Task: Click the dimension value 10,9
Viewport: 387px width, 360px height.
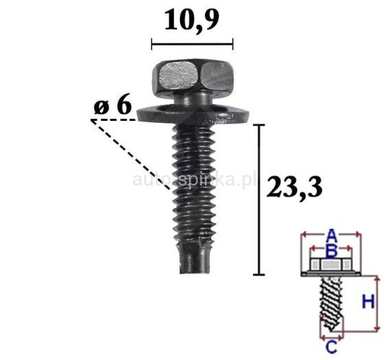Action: pyautogui.click(x=192, y=21)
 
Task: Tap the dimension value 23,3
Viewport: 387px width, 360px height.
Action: pyautogui.click(x=294, y=186)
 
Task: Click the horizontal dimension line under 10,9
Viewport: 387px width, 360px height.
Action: pyautogui.click(x=192, y=44)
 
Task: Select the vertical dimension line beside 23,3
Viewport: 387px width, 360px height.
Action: pyautogui.click(x=259, y=199)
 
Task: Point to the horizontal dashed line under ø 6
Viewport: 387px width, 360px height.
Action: pyautogui.click(x=113, y=120)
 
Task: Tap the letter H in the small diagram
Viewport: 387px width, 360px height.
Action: pyautogui.click(x=368, y=300)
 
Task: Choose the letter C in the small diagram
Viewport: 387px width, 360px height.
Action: pyautogui.click(x=330, y=346)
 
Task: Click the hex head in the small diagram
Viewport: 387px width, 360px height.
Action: pyautogui.click(x=331, y=265)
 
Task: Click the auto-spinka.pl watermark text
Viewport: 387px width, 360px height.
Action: pyautogui.click(x=193, y=180)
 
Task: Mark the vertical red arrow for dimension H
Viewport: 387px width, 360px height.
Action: pyautogui.click(x=377, y=302)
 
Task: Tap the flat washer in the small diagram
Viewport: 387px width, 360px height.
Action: pyautogui.click(x=331, y=275)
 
